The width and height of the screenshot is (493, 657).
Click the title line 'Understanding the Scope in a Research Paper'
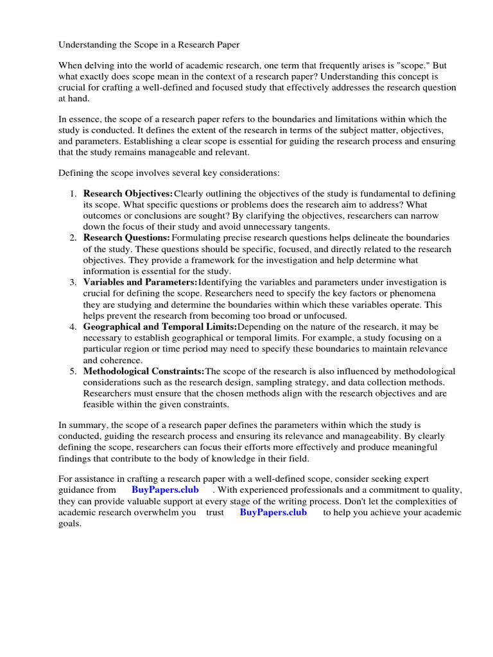point(149,45)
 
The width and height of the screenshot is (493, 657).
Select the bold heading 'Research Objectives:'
point(128,194)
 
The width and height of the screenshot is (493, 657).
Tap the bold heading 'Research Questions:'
point(126,238)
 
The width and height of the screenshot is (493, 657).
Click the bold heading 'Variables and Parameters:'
point(141,282)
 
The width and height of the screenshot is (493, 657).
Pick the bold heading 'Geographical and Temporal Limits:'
point(160,327)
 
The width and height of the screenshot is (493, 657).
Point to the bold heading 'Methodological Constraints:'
point(144,371)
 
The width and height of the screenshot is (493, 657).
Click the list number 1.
point(73,194)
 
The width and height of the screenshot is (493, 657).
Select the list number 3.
point(73,282)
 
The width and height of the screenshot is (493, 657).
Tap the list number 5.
point(73,371)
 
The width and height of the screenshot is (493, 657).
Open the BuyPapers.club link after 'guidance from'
point(165,490)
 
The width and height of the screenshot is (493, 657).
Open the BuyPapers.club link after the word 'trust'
point(273,513)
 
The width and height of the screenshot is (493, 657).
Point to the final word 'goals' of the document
point(69,524)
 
